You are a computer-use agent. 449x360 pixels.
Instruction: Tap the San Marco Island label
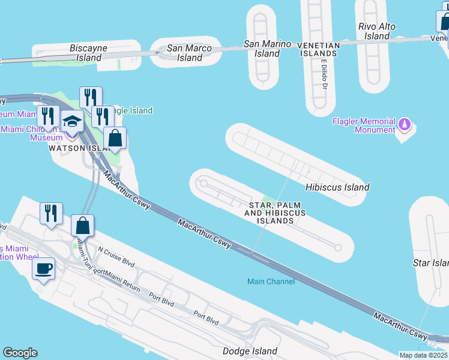(x=190, y=53)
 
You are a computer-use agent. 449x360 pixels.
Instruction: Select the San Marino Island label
(x=267, y=49)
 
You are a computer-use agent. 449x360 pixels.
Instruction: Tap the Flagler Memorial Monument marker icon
(x=405, y=125)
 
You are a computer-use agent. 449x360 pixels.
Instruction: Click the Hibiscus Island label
(x=337, y=187)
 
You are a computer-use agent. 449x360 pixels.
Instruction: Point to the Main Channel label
(x=271, y=281)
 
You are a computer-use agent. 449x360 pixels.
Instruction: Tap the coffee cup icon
(x=43, y=268)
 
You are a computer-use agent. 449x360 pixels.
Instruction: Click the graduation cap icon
(x=72, y=122)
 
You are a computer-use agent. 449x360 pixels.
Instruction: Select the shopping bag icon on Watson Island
(x=115, y=138)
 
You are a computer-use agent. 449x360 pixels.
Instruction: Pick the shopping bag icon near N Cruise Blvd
(x=83, y=226)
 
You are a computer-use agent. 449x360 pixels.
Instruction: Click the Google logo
(x=20, y=353)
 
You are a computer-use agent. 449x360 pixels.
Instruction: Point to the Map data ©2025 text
(x=424, y=355)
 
